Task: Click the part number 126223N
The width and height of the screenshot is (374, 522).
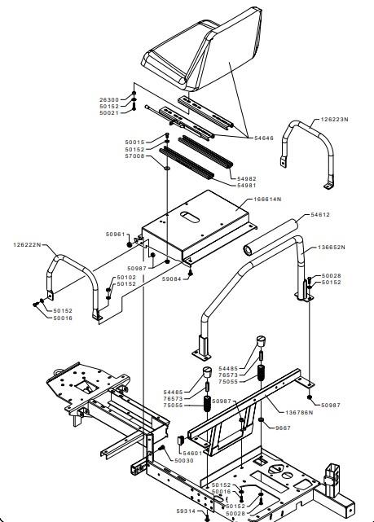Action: coord(334,119)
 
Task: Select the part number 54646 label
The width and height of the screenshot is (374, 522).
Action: coord(264,138)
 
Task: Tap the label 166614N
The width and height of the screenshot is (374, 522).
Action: coord(267,199)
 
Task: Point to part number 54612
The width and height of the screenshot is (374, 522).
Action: coord(320,215)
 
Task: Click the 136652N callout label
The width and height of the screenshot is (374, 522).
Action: coord(332,248)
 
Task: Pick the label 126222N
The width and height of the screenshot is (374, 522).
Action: coord(28,244)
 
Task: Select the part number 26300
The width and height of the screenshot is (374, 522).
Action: coord(109,99)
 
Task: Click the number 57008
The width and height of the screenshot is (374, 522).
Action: coord(134,156)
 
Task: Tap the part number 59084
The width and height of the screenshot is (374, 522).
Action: coord(171,279)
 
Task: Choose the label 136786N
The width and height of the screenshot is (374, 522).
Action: coord(299,413)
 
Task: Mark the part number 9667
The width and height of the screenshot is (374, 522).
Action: coord(283,428)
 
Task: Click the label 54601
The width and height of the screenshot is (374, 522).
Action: coord(192,453)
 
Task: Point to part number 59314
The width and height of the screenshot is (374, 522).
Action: coord(186,511)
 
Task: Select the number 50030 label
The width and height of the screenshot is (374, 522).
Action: coord(184,460)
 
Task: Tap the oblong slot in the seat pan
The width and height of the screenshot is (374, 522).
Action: coord(190,217)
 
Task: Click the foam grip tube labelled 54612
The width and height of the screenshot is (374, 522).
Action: coord(271,237)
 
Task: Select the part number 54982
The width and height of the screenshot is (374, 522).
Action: coord(247,179)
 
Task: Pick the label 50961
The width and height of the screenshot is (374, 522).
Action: coord(115,234)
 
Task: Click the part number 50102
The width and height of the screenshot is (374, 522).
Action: coord(126,278)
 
